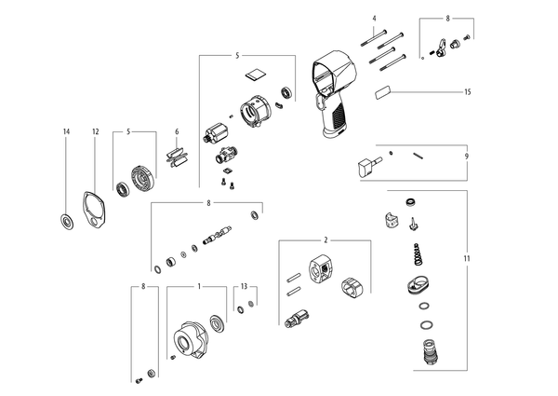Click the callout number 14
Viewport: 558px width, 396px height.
66,131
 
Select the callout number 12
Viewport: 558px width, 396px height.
96,131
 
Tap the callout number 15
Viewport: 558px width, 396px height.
467,92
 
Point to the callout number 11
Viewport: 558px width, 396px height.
467,258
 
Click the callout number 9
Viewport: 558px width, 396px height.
467,157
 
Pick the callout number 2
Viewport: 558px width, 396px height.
325,240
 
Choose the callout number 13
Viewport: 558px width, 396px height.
244,286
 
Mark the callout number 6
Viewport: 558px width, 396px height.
177,131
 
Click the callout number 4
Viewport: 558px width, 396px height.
374,19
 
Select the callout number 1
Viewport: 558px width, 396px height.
199,286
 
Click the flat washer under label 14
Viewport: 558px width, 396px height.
66,222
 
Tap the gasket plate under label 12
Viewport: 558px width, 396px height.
94,210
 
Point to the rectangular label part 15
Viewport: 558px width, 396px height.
382,92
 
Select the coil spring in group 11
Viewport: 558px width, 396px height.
418,254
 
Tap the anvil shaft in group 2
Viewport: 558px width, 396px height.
297,319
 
